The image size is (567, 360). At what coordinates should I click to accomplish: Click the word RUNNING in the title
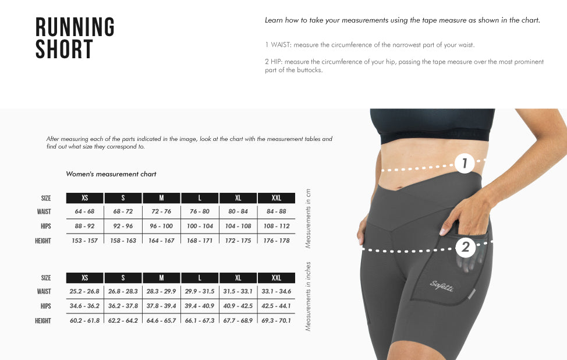click(x=75, y=27)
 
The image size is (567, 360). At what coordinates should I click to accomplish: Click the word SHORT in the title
click(x=65, y=49)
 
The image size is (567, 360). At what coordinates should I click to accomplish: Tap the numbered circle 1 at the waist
click(x=465, y=163)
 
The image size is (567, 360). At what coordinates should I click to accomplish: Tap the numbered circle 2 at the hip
click(x=465, y=247)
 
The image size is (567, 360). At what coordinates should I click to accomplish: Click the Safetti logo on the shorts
click(x=441, y=286)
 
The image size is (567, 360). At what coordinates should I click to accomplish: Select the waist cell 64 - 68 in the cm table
click(x=84, y=211)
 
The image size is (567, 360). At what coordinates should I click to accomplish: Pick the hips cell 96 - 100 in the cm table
click(x=161, y=226)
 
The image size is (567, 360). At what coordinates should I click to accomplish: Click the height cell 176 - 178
click(x=277, y=241)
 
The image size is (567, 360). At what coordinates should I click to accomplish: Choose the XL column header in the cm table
click(x=238, y=198)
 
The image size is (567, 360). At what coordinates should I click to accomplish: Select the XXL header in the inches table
click(x=277, y=278)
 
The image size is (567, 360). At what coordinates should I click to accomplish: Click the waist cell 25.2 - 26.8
click(x=84, y=291)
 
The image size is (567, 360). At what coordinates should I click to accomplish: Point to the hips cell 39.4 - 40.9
click(x=200, y=306)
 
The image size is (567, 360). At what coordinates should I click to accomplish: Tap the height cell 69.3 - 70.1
click(x=277, y=320)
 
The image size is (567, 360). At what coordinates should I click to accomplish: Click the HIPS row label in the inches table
click(x=45, y=306)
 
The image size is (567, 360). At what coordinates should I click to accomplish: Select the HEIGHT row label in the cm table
click(x=43, y=241)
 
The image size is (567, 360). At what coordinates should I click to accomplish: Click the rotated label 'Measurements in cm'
click(x=308, y=218)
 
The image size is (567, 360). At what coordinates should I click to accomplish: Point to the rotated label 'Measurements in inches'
click(x=308, y=297)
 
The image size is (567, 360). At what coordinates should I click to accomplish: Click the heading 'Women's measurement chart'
click(x=111, y=174)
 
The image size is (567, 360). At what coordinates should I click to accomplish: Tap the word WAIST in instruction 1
click(x=281, y=45)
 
